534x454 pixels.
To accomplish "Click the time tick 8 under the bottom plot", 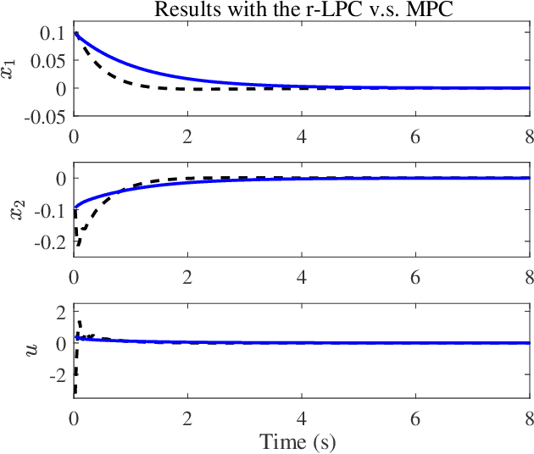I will tap(528, 418).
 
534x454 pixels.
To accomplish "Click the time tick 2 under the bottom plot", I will tap(187, 418).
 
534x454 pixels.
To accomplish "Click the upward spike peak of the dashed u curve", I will tap(79, 321).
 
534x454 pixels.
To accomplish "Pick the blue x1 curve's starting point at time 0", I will tap(75, 35).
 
